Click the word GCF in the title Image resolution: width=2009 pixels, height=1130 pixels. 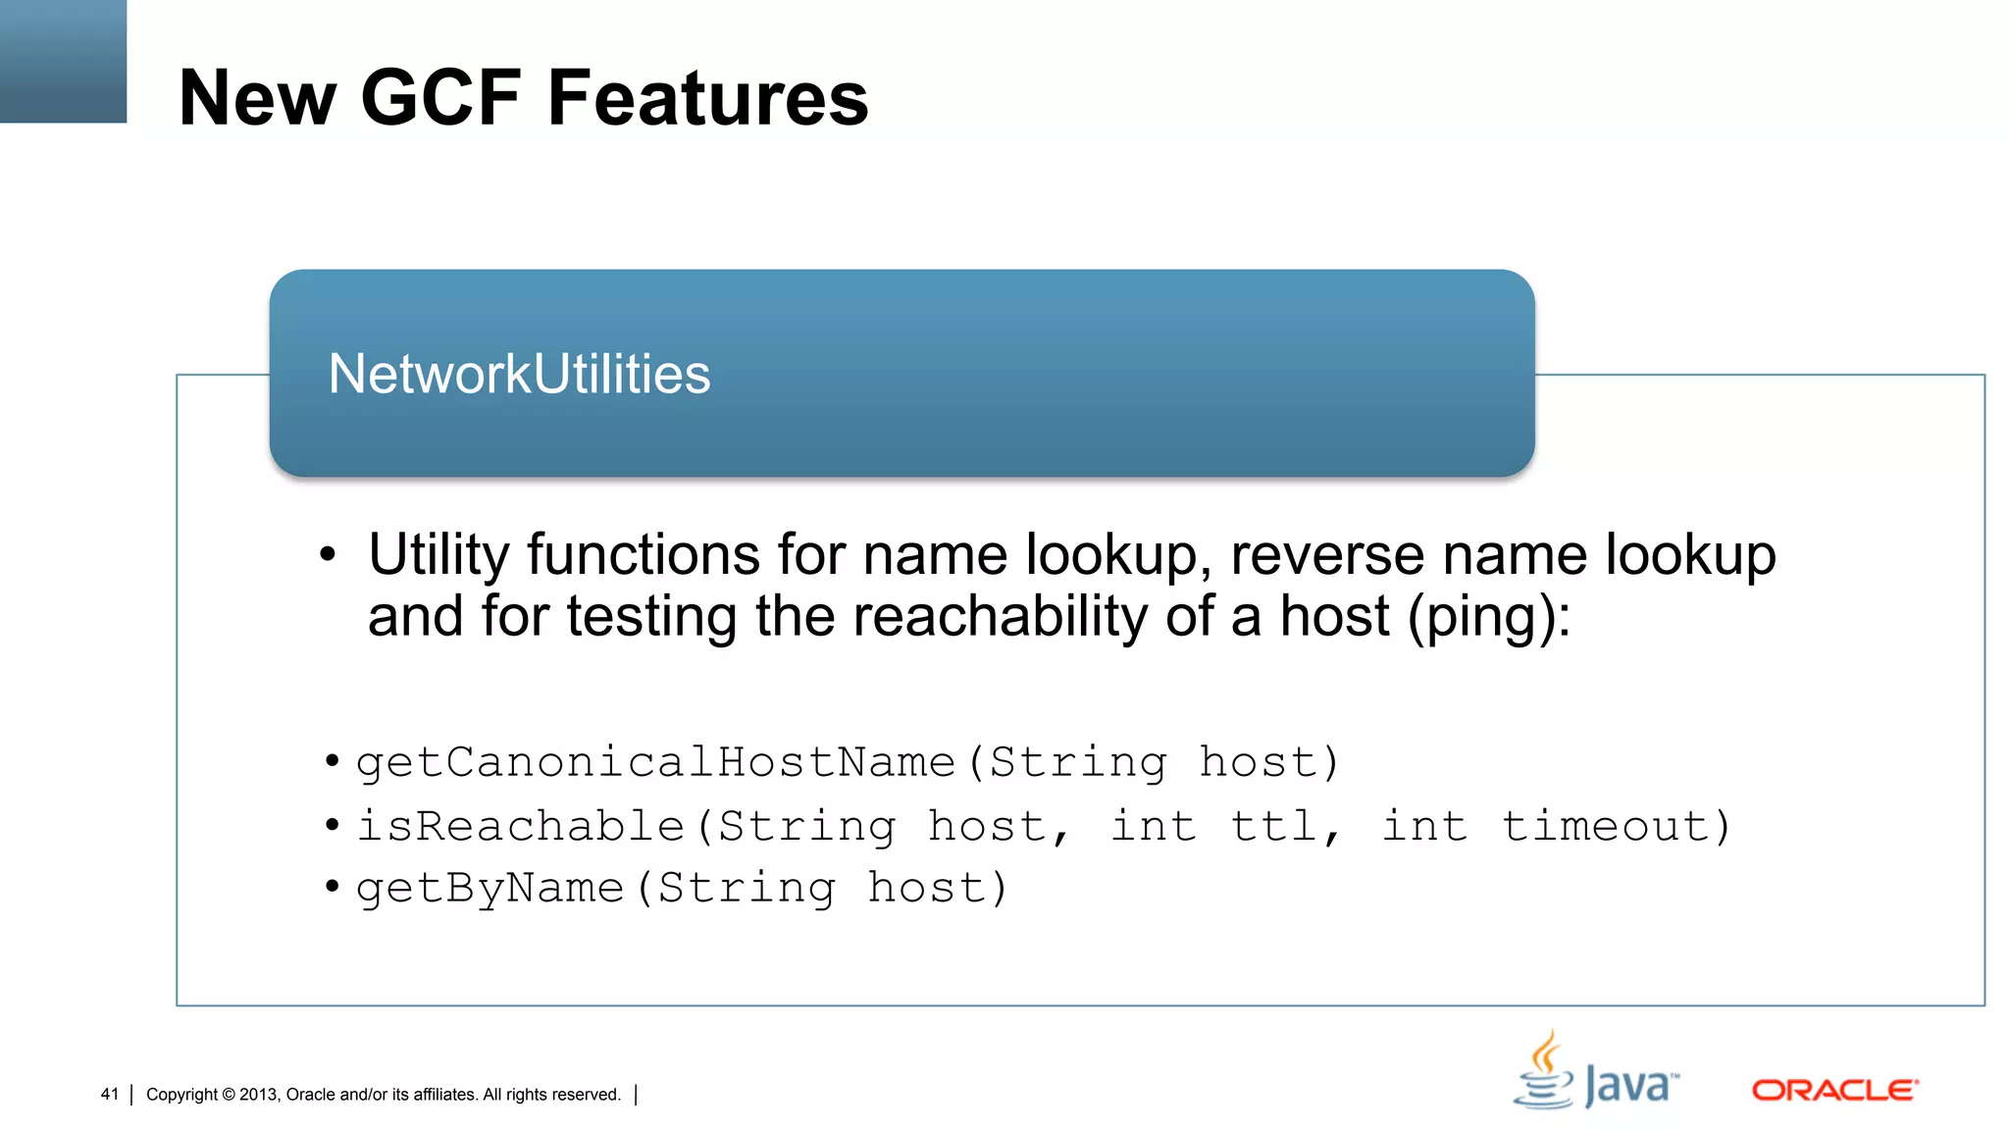click(x=440, y=97)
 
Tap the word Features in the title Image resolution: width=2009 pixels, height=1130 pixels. click(x=707, y=97)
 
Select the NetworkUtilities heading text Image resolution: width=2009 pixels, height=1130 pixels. click(x=519, y=374)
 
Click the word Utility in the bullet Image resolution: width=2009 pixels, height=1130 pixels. click(x=438, y=555)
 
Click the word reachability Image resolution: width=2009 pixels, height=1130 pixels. click(x=1000, y=617)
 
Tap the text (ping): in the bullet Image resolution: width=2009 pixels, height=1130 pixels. click(x=1489, y=617)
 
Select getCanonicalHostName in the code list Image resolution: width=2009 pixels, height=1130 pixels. click(x=655, y=762)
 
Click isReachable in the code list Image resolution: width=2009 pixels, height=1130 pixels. click(x=520, y=825)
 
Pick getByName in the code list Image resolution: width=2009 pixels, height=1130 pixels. click(x=489, y=888)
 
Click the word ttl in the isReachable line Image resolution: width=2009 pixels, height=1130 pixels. click(x=1274, y=825)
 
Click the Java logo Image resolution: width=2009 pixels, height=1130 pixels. click(x=1596, y=1072)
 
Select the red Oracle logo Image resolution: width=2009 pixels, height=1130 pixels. click(x=1834, y=1090)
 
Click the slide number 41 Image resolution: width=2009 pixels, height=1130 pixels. click(x=109, y=1095)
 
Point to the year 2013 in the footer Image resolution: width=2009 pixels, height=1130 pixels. click(x=258, y=1095)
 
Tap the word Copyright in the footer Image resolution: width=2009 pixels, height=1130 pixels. click(x=181, y=1095)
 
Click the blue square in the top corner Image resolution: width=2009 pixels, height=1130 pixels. click(x=63, y=61)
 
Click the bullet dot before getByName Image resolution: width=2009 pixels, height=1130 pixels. click(x=333, y=887)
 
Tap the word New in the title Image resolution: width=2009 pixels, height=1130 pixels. click(x=257, y=97)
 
